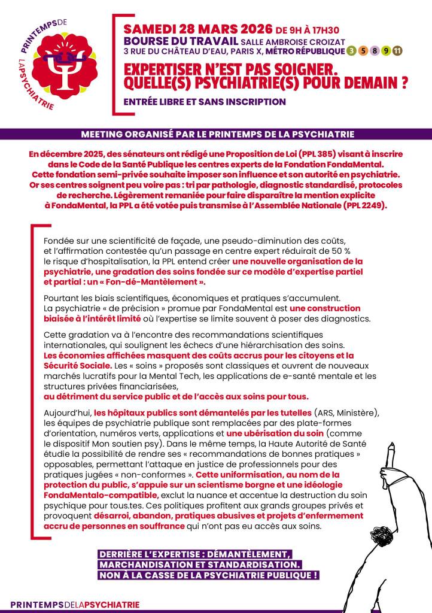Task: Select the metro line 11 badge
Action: coord(398,50)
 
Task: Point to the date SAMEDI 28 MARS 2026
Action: coord(197,29)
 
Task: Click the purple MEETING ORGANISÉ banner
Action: coord(216,134)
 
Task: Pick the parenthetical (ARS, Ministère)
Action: coord(346,413)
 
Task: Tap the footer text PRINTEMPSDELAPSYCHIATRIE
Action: coord(75,605)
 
